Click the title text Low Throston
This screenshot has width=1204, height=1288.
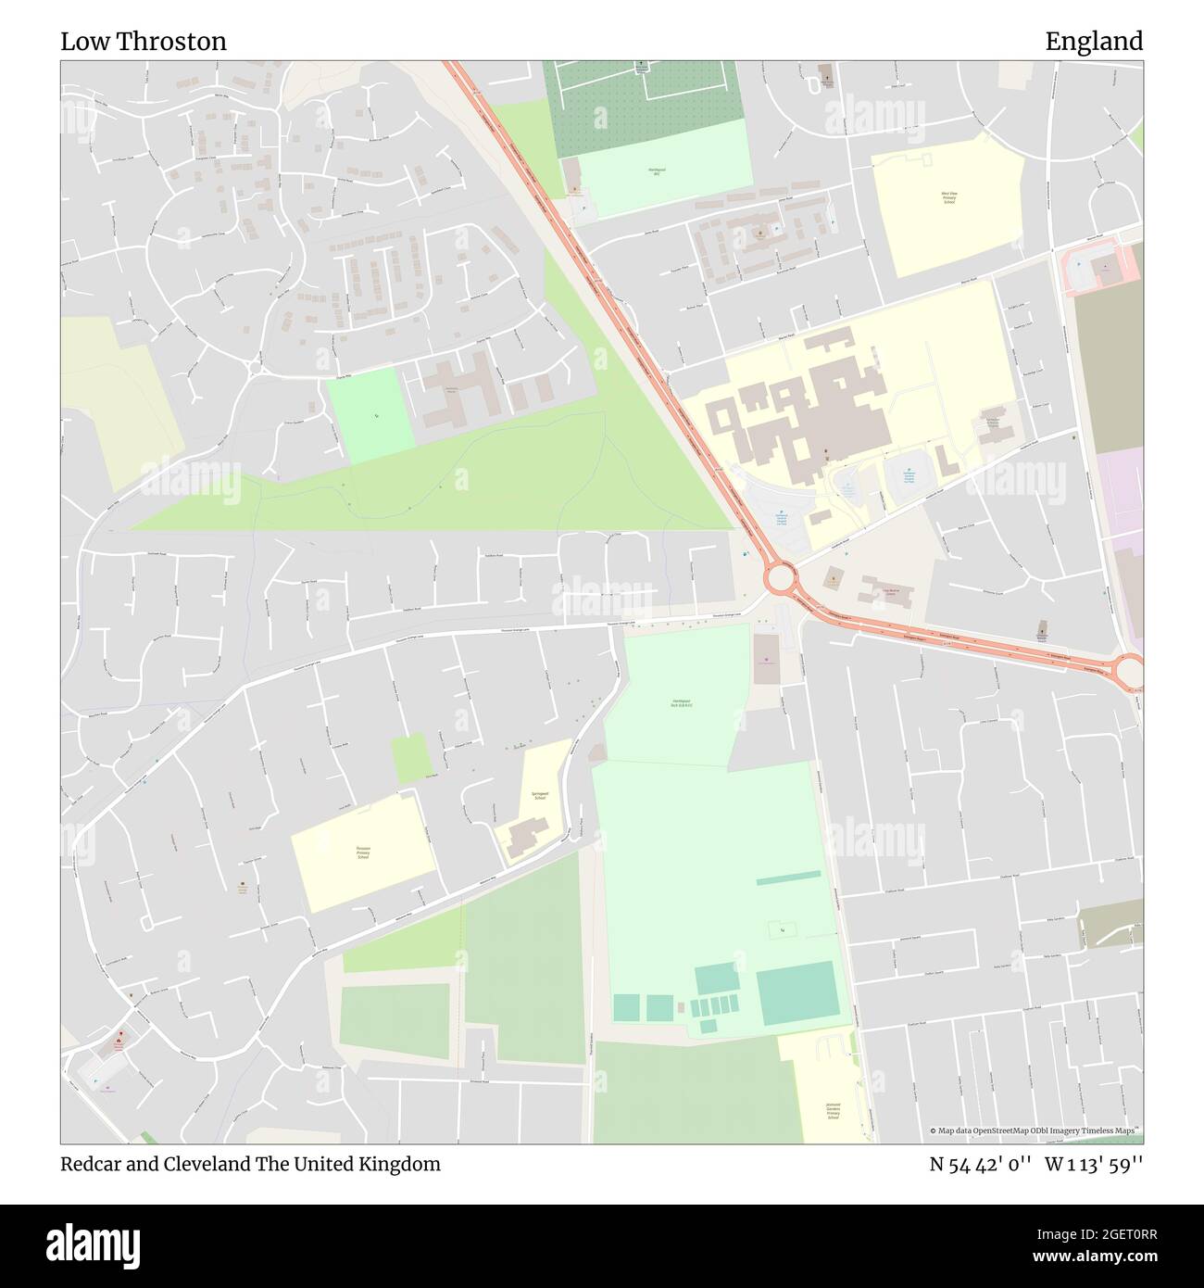[x=144, y=42]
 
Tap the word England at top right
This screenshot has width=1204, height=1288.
[x=1094, y=42]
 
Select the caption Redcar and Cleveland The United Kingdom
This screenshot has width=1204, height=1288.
[x=251, y=1164]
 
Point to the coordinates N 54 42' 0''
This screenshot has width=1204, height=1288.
[x=981, y=1164]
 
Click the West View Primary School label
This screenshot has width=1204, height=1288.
[x=948, y=197]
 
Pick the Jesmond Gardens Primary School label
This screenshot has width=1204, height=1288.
[x=832, y=1111]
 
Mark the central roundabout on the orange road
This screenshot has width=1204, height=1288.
[x=780, y=579]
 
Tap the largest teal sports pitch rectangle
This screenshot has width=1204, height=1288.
[x=797, y=991]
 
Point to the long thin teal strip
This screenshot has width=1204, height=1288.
[x=788, y=878]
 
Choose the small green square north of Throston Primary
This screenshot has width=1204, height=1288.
[x=410, y=757]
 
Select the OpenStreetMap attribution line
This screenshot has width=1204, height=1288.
[x=1035, y=1130]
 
